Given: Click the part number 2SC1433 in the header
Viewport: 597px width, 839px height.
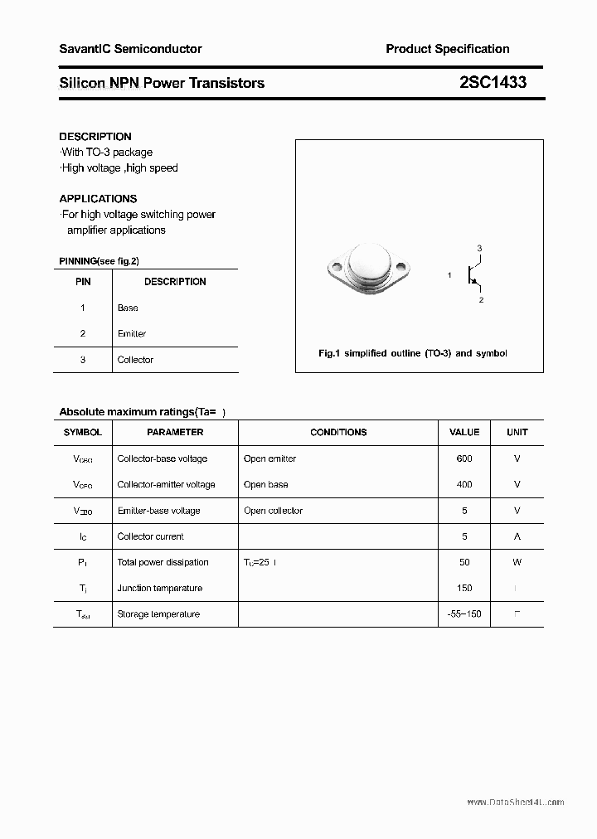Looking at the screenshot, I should tap(493, 83).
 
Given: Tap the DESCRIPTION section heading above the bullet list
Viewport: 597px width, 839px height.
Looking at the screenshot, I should tap(95, 137).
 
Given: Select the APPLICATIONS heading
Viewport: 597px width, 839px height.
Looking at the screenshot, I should tap(98, 199).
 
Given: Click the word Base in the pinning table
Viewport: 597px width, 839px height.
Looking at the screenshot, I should tap(128, 308).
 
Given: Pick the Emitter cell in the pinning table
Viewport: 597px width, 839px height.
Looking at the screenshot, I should tap(132, 333).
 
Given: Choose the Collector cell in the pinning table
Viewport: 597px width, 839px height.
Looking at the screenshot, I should tap(135, 360).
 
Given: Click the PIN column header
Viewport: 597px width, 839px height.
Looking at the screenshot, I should tap(83, 282).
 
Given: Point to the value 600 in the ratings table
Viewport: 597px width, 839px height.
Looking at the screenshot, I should tap(464, 458).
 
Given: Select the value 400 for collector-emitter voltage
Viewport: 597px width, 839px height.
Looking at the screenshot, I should tap(464, 484).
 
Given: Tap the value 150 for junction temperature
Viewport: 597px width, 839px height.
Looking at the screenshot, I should tap(464, 588).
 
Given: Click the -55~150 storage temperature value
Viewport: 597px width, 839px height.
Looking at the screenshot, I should tap(464, 614).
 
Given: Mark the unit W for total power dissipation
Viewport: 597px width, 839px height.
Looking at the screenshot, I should tap(517, 562).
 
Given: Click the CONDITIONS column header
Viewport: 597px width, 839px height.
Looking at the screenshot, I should tap(338, 432).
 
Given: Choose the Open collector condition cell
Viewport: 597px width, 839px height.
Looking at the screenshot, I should tap(273, 511).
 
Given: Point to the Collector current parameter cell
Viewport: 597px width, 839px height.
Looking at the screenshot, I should tap(151, 536).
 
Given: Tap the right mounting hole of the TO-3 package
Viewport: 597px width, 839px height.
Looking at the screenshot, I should tap(401, 267).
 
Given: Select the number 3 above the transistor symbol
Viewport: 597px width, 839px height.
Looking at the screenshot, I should tap(479, 249).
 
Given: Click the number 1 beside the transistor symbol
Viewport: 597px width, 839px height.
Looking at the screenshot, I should tap(449, 275).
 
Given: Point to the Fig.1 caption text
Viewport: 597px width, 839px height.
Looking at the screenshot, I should tap(413, 353).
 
